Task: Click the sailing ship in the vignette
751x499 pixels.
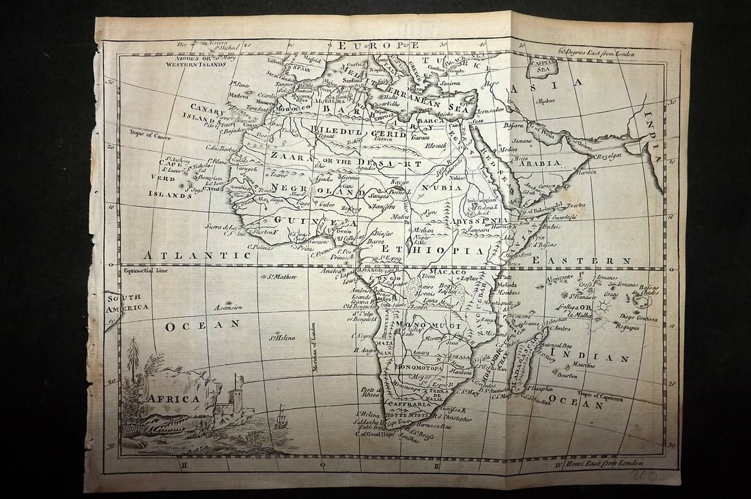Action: [x=281, y=417]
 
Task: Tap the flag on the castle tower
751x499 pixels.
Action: [x=238, y=377]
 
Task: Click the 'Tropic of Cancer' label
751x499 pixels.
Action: [x=147, y=134]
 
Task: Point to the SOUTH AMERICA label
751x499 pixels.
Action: [x=127, y=302]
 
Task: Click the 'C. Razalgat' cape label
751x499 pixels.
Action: [x=610, y=156]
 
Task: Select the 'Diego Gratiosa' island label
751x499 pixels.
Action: [x=638, y=317]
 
